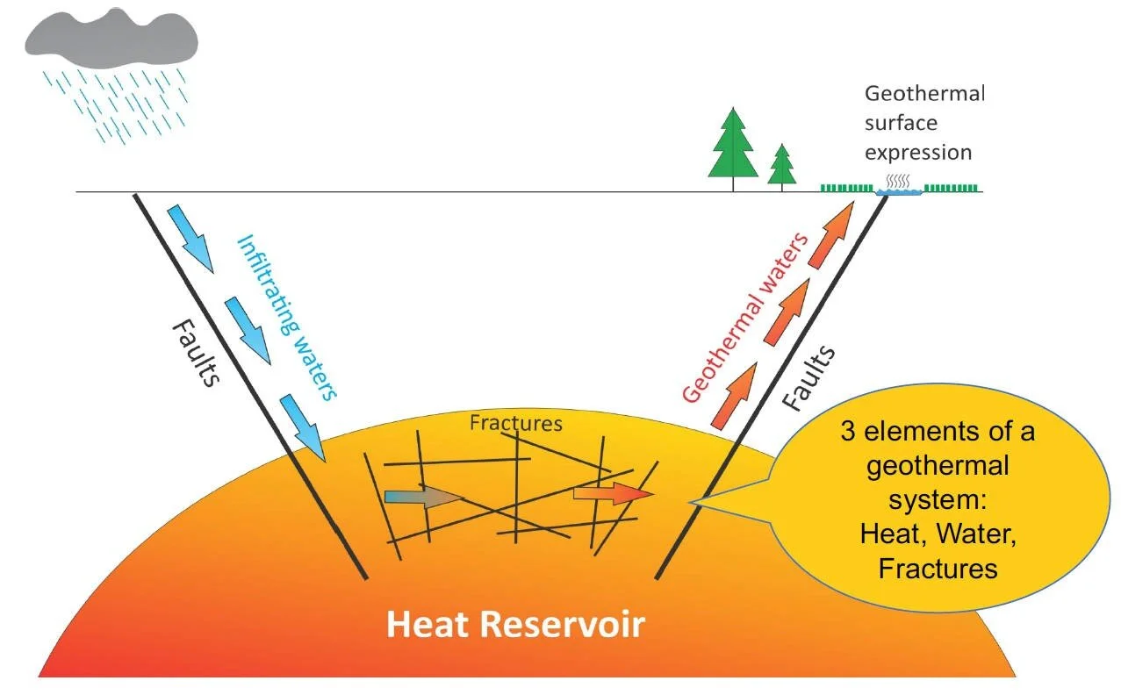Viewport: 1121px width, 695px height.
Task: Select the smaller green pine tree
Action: click(781, 167)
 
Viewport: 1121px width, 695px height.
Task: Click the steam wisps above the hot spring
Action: click(898, 181)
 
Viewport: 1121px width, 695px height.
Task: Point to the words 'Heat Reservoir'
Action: click(515, 625)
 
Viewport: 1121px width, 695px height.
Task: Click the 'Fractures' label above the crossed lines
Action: click(515, 423)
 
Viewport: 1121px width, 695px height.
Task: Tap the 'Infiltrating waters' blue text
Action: click(287, 318)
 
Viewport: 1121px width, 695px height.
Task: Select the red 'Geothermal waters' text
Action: click(744, 318)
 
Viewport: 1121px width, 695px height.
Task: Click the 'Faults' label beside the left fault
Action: click(196, 353)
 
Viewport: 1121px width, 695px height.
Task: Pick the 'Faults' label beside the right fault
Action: click(808, 377)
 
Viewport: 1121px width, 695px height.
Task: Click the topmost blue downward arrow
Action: click(191, 239)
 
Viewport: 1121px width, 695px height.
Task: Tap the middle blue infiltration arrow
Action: click(248, 331)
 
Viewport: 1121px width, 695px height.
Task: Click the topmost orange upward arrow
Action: click(830, 234)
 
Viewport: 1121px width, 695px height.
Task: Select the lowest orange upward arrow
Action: click(734, 396)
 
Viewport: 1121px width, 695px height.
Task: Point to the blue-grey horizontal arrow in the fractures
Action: click(423, 497)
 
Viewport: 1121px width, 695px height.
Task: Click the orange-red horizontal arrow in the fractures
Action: click(614, 494)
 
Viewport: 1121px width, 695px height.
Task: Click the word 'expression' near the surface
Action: click(918, 153)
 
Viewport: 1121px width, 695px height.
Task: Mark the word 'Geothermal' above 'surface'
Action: click(925, 94)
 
